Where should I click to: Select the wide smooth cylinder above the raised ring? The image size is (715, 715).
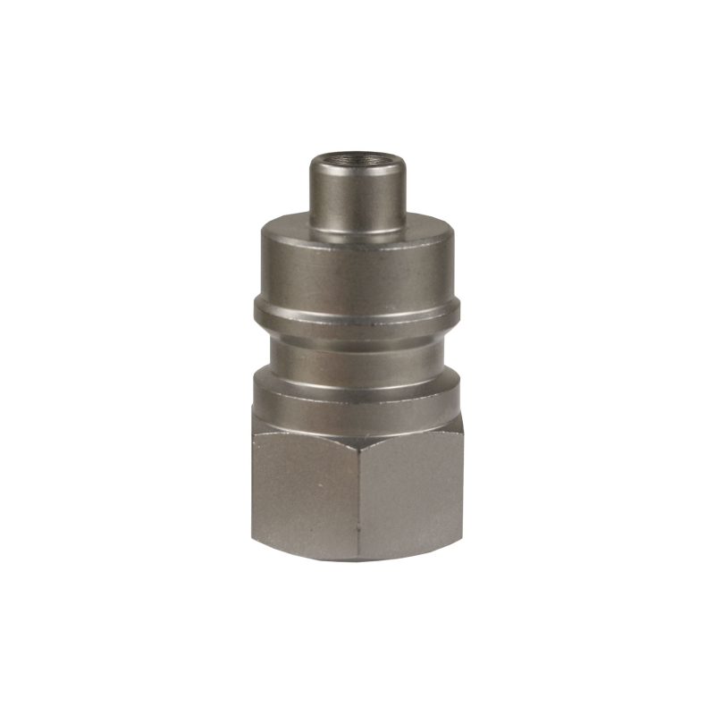(x=357, y=264)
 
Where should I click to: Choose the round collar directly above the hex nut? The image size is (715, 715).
(x=357, y=393)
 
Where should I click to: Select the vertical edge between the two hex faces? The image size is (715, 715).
(x=357, y=500)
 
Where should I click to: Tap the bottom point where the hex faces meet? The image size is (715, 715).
(x=357, y=559)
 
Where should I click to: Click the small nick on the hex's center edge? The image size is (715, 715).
(x=358, y=527)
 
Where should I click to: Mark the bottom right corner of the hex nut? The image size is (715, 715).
(x=461, y=541)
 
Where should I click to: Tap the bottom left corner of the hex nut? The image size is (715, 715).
(x=254, y=541)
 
